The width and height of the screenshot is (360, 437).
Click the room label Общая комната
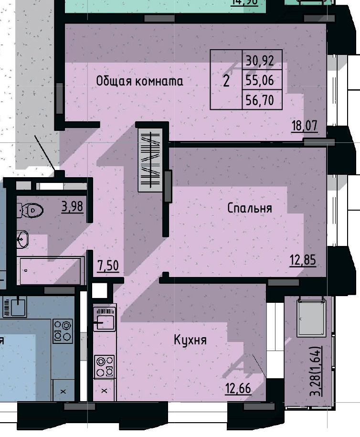tap(139, 81)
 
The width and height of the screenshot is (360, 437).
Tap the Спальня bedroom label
tap(249, 208)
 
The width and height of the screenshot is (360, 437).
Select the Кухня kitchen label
tap(190, 340)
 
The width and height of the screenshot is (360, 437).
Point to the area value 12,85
tap(303, 260)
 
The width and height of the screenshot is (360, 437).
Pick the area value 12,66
tap(238, 388)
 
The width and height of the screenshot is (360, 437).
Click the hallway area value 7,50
tap(108, 266)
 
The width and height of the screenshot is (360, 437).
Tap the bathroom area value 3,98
tap(72, 207)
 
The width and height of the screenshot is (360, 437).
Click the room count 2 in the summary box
tap(226, 81)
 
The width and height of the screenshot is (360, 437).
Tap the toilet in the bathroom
tap(30, 209)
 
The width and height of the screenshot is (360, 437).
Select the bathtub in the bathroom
tap(50, 271)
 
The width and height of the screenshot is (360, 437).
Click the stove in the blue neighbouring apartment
tap(63, 330)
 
